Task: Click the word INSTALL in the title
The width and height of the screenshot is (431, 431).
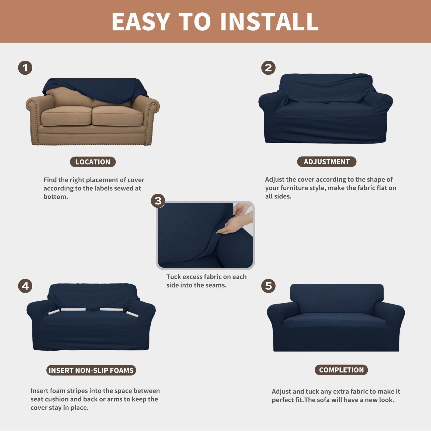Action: click(269, 22)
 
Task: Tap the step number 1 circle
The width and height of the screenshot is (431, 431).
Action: click(25, 68)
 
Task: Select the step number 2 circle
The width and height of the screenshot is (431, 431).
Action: click(268, 68)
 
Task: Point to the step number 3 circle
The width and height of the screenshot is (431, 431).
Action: click(158, 201)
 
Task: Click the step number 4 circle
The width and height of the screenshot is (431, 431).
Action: click(25, 286)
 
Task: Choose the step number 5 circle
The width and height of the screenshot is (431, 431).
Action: click(268, 286)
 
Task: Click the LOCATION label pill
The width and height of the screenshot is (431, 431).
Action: click(93, 162)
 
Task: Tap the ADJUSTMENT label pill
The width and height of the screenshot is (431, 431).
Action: click(326, 162)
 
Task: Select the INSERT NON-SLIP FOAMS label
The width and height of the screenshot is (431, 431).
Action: click(91, 370)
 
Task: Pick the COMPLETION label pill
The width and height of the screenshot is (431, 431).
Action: click(341, 370)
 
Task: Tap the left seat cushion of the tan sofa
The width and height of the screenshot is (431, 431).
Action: click(66, 116)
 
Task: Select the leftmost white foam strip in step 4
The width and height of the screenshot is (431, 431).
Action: click(54, 312)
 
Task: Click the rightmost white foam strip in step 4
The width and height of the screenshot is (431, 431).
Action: click(132, 314)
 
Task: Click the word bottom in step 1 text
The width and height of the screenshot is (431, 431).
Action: click(55, 197)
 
